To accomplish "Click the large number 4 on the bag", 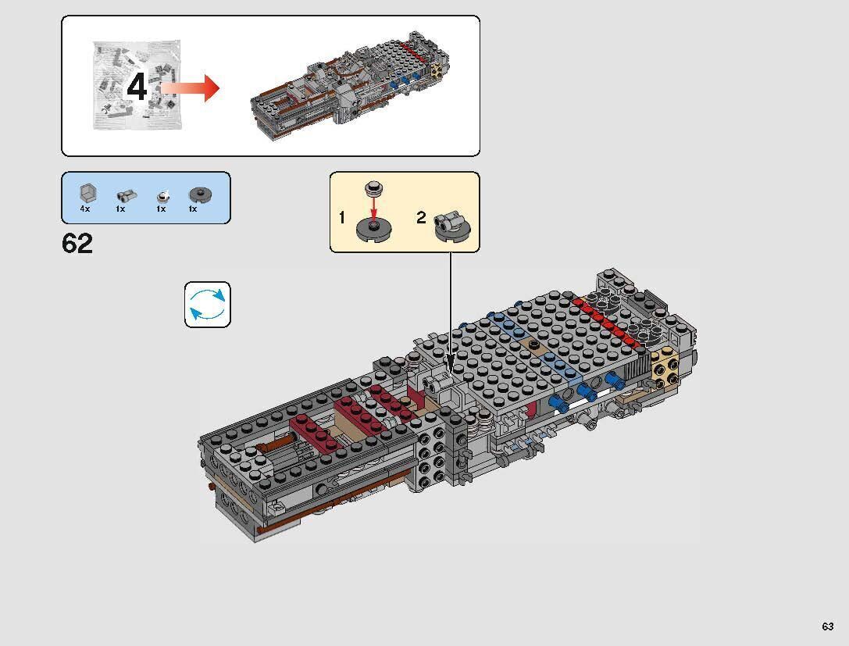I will [137, 87].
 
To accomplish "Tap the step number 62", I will [77, 244].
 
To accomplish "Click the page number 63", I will [827, 626].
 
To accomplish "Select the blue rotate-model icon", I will [208, 305].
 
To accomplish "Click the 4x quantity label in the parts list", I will [85, 209].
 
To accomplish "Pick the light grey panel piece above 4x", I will [86, 193].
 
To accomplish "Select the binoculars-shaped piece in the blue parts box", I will [125, 195].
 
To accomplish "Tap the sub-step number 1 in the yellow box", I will [342, 218].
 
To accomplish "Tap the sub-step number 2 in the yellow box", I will [421, 218].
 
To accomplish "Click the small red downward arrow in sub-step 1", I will [374, 209].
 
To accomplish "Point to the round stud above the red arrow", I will [374, 188].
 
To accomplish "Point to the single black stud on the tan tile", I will [533, 344].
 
